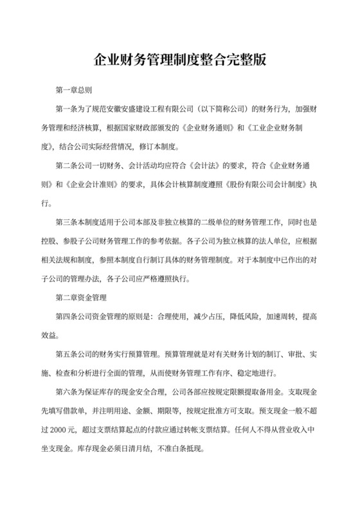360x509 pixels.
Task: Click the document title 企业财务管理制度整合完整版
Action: pyautogui.click(x=180, y=63)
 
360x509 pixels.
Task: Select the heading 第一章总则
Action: pyautogui.click(x=77, y=90)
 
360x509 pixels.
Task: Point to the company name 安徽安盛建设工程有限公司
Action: pyautogui.click(x=149, y=109)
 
